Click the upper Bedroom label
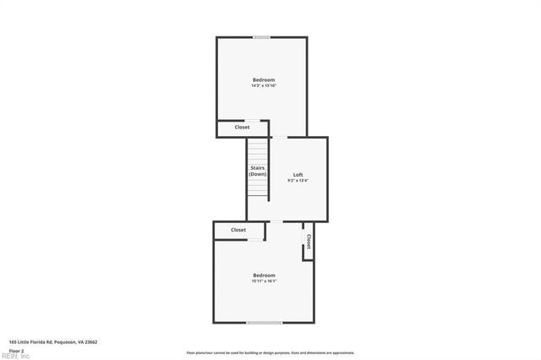(x=263, y=79)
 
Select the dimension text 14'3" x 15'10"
(x=263, y=85)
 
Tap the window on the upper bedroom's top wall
(x=262, y=37)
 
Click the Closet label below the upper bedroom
(x=242, y=128)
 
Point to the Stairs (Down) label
(x=258, y=171)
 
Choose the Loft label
(x=298, y=174)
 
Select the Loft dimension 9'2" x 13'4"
(x=298, y=180)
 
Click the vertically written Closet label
(x=309, y=242)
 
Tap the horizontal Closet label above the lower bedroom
(x=238, y=230)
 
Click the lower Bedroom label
(x=264, y=275)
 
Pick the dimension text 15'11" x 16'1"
(x=264, y=281)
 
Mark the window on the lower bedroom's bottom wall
(x=264, y=322)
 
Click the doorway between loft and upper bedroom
(x=278, y=137)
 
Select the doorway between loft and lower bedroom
(x=276, y=221)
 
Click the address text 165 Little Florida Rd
(x=53, y=342)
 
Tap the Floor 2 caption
(x=16, y=350)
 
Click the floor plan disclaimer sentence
(x=270, y=353)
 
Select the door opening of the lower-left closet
(x=255, y=239)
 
